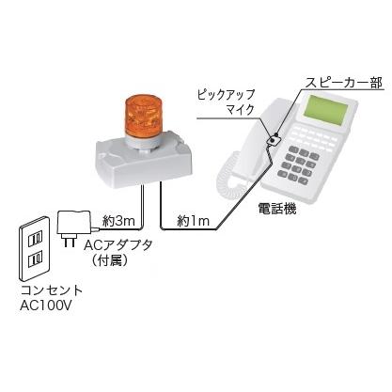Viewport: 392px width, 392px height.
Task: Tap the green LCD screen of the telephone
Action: (327, 108)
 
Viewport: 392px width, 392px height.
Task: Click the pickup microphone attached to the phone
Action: (274, 140)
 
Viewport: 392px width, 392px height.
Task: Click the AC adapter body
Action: (74, 223)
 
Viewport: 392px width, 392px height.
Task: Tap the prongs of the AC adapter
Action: (70, 241)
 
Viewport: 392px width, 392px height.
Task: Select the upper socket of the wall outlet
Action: (35, 240)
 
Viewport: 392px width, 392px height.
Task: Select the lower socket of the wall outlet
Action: (35, 260)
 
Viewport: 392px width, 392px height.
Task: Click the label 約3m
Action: (118, 221)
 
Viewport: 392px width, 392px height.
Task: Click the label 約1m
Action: (193, 221)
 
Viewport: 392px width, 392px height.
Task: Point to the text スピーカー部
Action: (344, 83)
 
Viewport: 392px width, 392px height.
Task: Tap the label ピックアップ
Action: (226, 94)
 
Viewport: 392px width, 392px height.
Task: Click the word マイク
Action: (241, 110)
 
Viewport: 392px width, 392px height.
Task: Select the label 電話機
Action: (277, 209)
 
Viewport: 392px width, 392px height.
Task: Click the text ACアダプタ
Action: (118, 244)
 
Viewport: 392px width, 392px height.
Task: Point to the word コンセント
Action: (52, 290)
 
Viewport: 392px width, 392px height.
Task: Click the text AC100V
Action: (46, 306)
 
